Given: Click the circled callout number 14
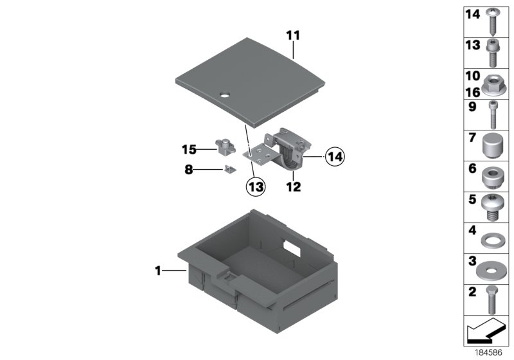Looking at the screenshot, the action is (x=335, y=157).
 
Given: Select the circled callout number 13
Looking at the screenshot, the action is (x=256, y=186).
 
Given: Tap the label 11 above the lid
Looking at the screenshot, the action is (x=293, y=35).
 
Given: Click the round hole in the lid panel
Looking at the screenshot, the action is (x=225, y=95).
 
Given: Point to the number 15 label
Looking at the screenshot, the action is (x=189, y=150).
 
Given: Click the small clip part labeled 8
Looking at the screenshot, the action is (x=231, y=169).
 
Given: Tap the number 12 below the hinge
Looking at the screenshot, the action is (x=293, y=187).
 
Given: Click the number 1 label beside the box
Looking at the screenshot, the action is (x=158, y=271).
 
